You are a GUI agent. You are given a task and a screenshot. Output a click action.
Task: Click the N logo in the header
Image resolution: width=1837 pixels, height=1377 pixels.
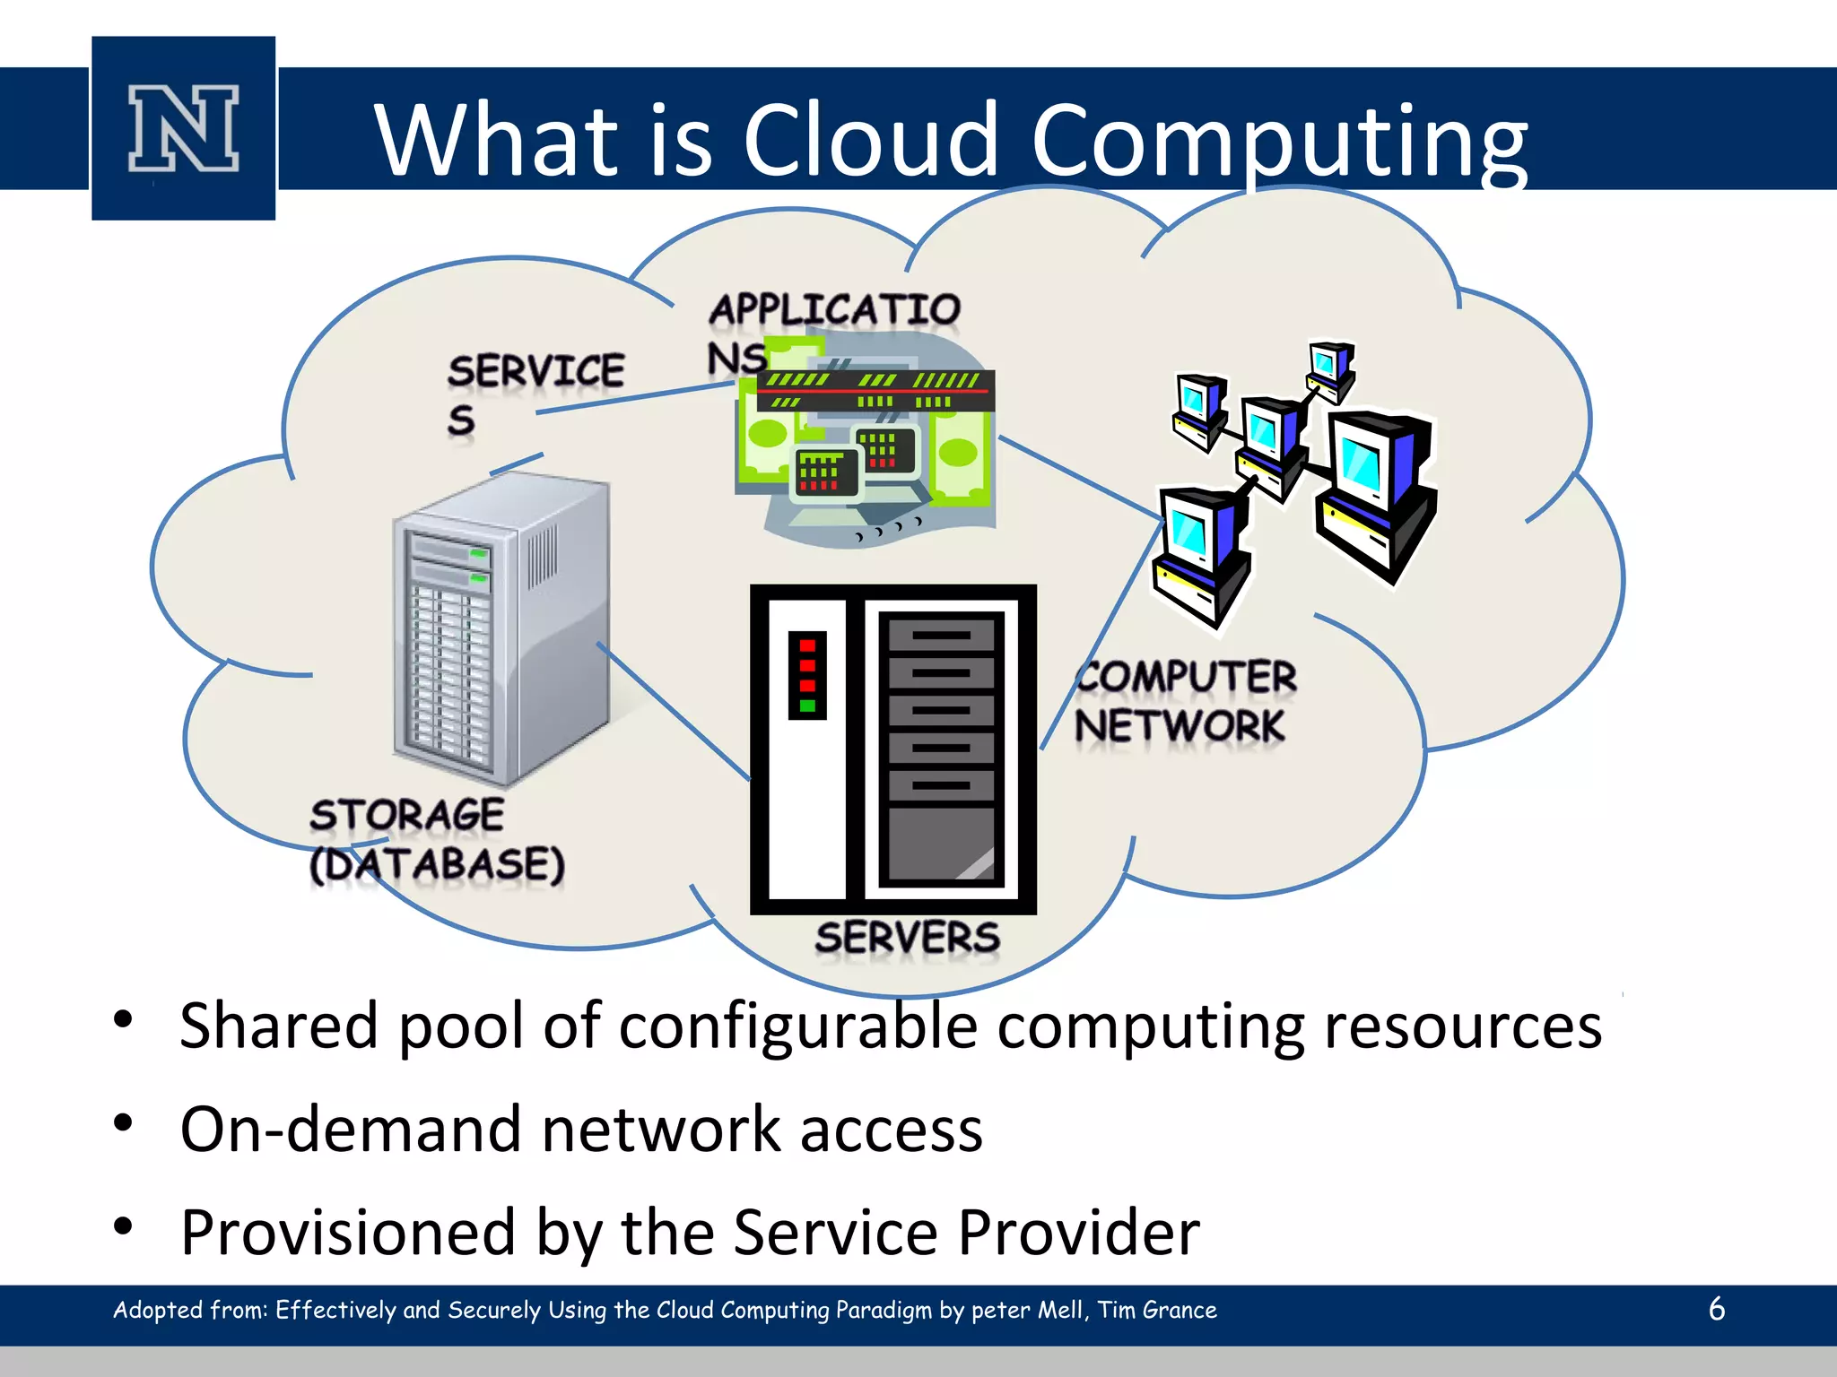coord(183,128)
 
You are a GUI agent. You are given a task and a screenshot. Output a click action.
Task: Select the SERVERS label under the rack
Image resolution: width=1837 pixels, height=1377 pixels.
coord(907,938)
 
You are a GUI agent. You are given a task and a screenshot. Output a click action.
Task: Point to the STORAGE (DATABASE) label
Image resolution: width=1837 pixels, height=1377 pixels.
coord(437,840)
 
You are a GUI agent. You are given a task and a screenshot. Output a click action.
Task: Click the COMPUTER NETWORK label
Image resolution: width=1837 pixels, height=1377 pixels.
coord(1184,701)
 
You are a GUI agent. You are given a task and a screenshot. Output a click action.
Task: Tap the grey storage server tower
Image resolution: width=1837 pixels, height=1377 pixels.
coord(500,628)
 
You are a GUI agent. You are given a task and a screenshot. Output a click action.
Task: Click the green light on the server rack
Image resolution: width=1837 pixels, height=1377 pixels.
coord(807,706)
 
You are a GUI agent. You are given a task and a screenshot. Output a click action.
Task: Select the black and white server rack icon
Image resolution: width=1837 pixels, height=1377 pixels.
coord(892,749)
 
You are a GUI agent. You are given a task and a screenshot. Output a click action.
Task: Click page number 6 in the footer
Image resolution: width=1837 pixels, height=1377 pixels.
coord(1717,1309)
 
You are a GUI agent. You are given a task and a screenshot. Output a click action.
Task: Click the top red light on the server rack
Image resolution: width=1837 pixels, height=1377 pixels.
coord(807,645)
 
